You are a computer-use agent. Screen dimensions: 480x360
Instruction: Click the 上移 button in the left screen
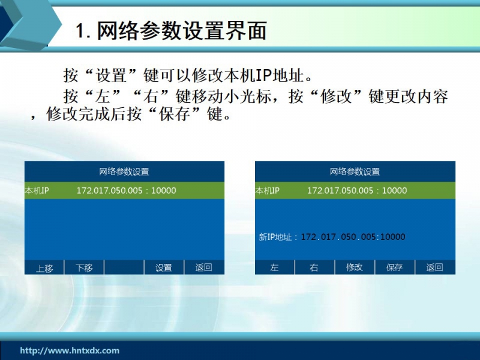[44, 268]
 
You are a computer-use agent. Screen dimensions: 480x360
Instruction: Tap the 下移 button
[84, 268]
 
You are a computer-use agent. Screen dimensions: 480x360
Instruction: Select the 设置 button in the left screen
[164, 268]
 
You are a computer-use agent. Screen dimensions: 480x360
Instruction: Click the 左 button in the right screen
[275, 268]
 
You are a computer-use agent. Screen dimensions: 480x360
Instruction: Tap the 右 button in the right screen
[314, 268]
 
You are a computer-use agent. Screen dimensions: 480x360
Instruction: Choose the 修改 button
[355, 268]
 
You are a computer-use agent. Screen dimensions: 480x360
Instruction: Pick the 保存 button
[395, 268]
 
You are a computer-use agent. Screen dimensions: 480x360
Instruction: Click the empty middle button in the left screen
[124, 268]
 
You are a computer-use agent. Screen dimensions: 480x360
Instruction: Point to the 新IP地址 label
[275, 237]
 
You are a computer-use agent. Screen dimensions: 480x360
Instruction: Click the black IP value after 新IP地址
[353, 236]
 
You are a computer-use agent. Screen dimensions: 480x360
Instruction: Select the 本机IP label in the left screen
[37, 191]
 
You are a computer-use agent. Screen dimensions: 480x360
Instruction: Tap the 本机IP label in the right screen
[268, 191]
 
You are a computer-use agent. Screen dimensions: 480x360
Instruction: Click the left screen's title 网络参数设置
[124, 172]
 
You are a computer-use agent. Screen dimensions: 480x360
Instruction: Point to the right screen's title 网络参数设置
[355, 172]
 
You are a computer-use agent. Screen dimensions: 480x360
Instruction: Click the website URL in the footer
[70, 350]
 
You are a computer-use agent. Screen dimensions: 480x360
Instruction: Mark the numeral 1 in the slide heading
[80, 31]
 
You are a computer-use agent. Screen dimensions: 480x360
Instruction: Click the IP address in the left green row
[126, 190]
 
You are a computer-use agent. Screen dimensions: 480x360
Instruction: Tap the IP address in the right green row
[357, 190]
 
